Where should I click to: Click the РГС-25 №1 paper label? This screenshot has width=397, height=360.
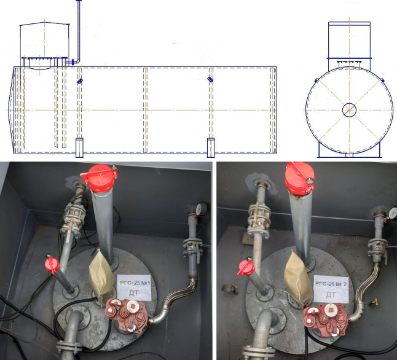[134, 288]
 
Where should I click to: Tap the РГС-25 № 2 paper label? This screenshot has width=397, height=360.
[331, 289]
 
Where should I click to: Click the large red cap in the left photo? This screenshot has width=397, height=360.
[100, 178]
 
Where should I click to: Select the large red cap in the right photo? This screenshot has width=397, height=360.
[299, 178]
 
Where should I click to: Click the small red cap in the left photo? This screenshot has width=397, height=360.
[52, 265]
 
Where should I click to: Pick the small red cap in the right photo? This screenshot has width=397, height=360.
[246, 267]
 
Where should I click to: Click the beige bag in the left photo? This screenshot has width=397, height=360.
[101, 276]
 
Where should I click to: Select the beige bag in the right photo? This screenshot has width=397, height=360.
[297, 278]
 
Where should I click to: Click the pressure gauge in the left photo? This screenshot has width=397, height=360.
[202, 209]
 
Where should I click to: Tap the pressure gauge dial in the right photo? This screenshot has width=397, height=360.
[393, 213]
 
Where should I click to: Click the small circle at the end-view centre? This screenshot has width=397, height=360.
[350, 110]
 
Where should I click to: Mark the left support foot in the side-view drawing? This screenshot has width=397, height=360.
[79, 147]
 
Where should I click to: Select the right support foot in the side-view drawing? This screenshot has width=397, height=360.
[211, 147]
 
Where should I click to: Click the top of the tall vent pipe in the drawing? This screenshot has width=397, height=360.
[79, 1]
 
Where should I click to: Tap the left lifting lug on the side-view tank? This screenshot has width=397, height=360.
[80, 81]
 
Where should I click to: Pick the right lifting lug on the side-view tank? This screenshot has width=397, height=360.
[210, 80]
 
